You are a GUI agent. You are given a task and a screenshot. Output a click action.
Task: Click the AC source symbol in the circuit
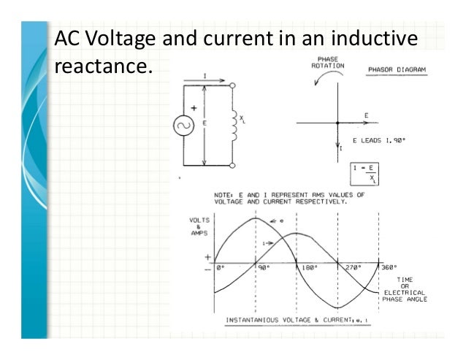183,126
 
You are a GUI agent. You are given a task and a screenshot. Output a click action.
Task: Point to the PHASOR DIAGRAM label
397,71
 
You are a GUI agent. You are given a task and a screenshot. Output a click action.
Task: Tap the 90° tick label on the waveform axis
264,267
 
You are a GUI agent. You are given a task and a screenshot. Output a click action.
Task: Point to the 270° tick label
354,267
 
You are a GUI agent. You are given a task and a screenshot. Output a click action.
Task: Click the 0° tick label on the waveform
221,267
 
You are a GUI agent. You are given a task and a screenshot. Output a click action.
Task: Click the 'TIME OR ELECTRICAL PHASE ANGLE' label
404,289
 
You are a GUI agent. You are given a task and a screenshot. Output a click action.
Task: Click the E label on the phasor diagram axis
366,116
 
